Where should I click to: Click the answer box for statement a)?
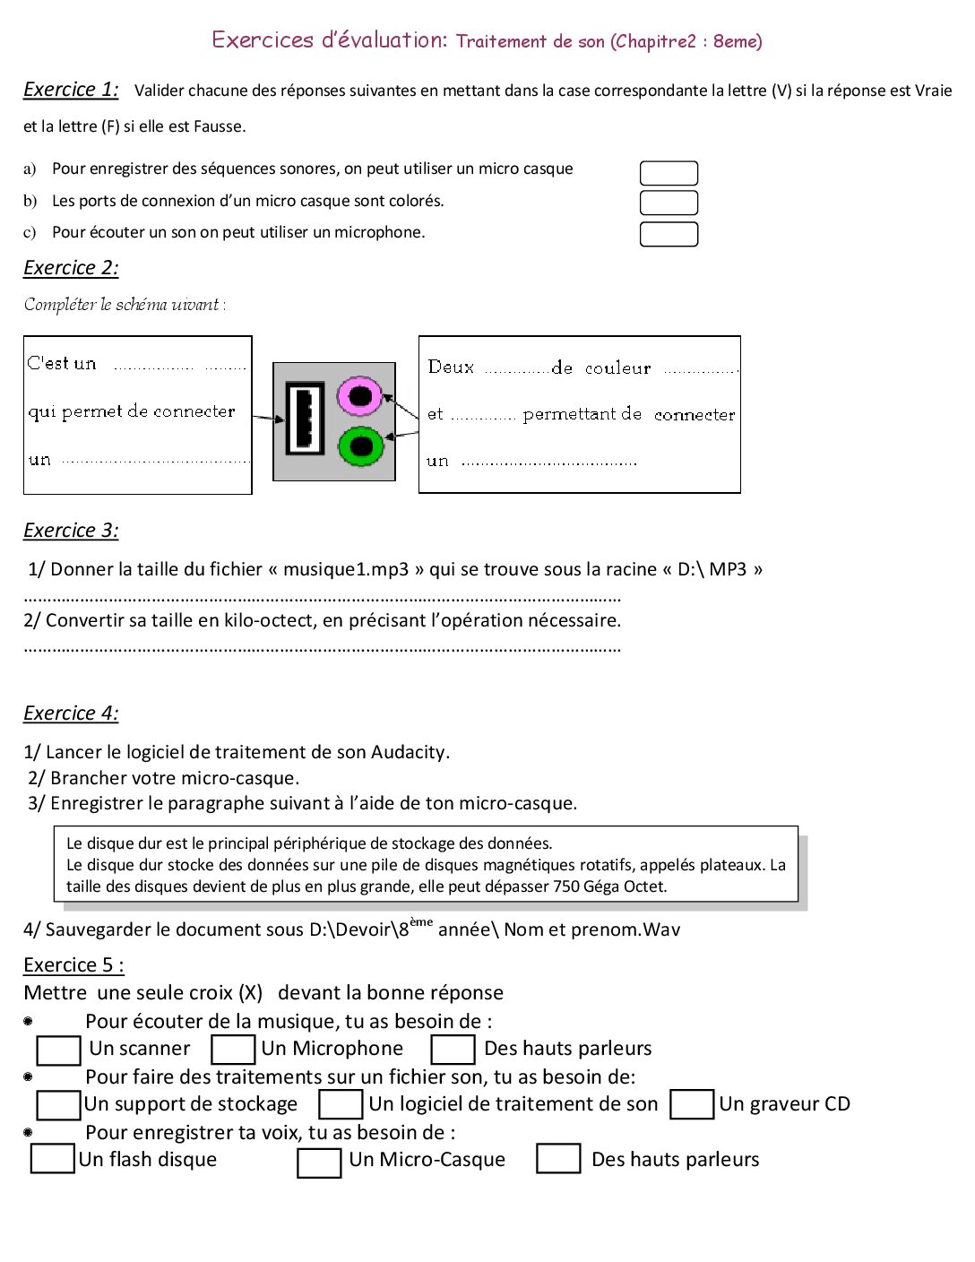tap(669, 173)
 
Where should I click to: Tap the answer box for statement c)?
tap(669, 234)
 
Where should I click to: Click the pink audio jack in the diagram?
tap(360, 395)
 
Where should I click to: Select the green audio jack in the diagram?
tap(360, 445)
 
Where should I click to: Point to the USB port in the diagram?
tap(305, 418)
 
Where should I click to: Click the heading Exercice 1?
tap(71, 90)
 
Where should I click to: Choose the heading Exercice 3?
tap(71, 531)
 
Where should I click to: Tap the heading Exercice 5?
tap(73, 965)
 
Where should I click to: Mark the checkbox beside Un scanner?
tap(59, 1050)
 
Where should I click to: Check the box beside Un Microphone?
tap(233, 1050)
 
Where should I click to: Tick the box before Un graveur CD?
tap(693, 1104)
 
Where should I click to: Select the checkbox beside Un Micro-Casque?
tap(319, 1163)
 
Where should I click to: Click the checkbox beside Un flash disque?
tap(52, 1158)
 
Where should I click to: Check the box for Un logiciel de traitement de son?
tap(341, 1104)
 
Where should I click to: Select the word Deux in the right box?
tap(451, 367)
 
